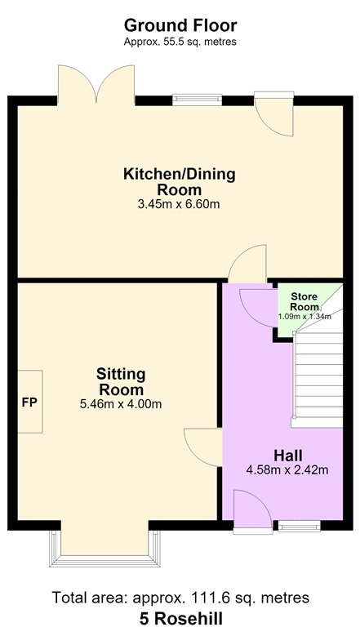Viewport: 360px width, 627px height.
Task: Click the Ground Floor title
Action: pyautogui.click(x=180, y=25)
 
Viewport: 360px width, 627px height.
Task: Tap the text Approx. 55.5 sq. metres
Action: pyautogui.click(x=180, y=42)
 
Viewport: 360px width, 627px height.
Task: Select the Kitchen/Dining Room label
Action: pyautogui.click(x=180, y=181)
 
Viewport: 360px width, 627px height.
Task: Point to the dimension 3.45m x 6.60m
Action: pyautogui.click(x=179, y=204)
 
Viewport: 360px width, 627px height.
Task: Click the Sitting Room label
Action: pyautogui.click(x=121, y=381)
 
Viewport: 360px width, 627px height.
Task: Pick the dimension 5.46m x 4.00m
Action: pyautogui.click(x=121, y=404)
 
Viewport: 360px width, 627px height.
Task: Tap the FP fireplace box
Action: pyautogui.click(x=30, y=402)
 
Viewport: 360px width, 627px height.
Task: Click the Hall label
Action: pyautogui.click(x=287, y=456)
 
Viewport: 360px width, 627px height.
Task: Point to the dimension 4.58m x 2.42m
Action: pyautogui.click(x=287, y=470)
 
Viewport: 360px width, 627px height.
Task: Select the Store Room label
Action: pyautogui.click(x=304, y=301)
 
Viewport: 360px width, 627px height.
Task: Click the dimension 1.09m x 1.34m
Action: pyautogui.click(x=304, y=317)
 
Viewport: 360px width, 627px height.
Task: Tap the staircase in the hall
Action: pyautogui.click(x=318, y=376)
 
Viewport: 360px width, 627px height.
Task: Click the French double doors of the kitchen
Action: pyautogui.click(x=96, y=85)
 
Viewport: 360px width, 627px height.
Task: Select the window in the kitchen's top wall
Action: pyautogui.click(x=198, y=100)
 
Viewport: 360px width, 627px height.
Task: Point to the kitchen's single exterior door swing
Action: pyautogui.click(x=274, y=114)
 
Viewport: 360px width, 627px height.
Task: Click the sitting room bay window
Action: pyautogui.click(x=104, y=549)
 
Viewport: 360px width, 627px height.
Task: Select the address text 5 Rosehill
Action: pyautogui.click(x=180, y=618)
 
